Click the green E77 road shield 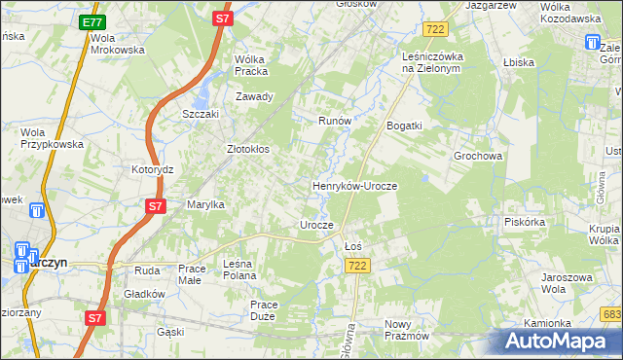click(92, 21)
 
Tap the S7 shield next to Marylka click(155, 206)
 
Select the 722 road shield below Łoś click(358, 266)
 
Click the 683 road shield click(611, 313)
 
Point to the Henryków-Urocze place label click(354, 185)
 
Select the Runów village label click(334, 121)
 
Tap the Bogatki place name click(404, 126)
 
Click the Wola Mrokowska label click(117, 44)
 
